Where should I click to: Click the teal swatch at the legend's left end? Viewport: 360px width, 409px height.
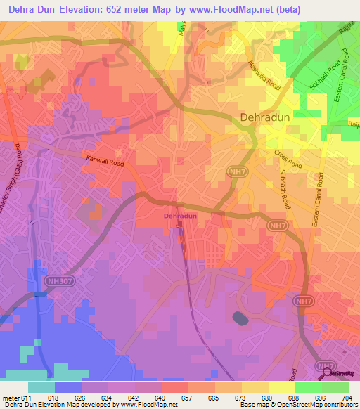[x=41, y=387]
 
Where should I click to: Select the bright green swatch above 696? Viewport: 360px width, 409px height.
[x=308, y=387]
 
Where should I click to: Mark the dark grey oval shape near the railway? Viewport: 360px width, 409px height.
[x=240, y=318]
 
